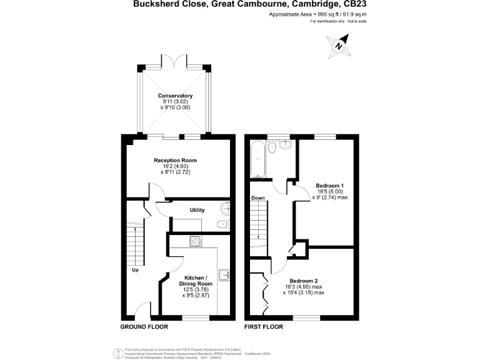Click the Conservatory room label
(175, 96)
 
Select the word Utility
(197, 210)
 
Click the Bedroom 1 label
(329, 186)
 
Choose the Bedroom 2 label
(303, 281)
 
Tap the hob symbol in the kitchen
(195, 241)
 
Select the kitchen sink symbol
(224, 274)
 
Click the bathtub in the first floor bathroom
(257, 160)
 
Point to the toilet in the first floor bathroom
(272, 147)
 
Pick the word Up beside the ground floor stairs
(135, 270)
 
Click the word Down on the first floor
(259, 198)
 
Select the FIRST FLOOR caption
(264, 327)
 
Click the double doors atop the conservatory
(176, 61)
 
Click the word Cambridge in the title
(300, 4)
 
